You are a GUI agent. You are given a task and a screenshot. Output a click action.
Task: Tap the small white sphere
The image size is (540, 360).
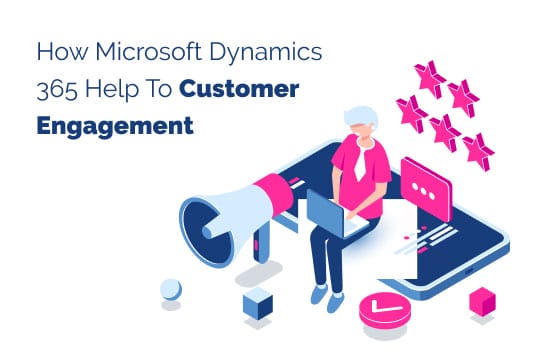pyautogui.click(x=172, y=289)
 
